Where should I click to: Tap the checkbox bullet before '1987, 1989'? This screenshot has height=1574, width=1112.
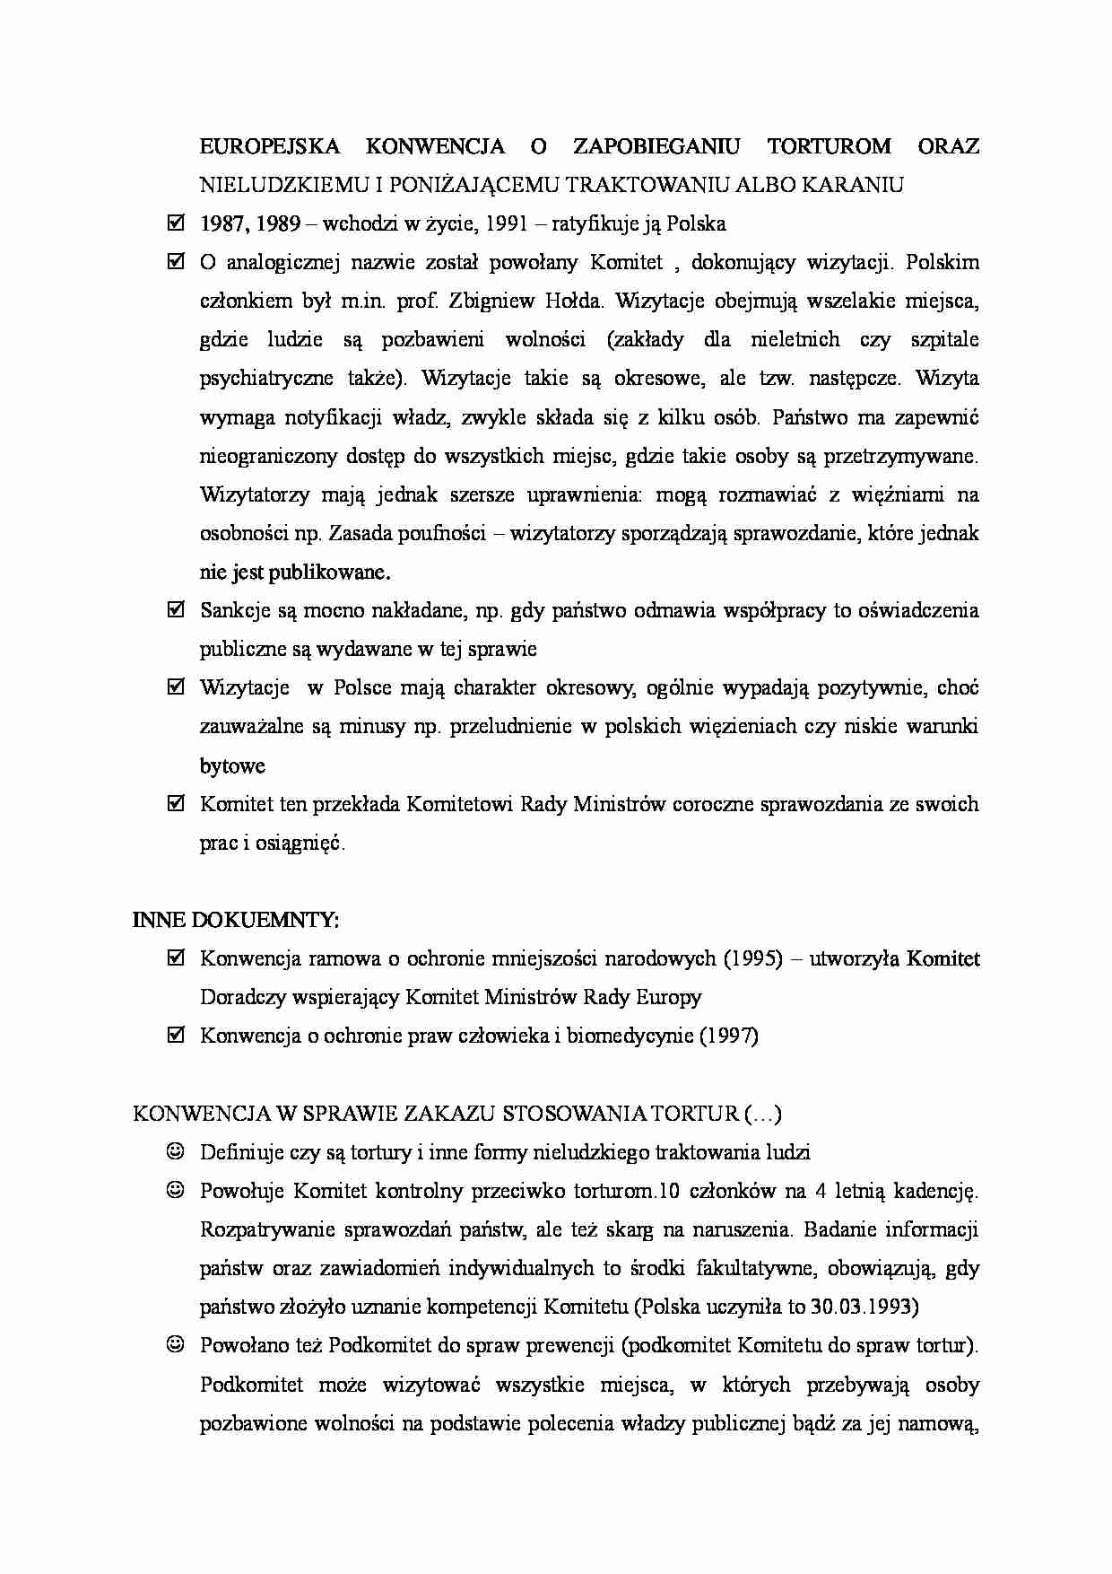tap(176, 223)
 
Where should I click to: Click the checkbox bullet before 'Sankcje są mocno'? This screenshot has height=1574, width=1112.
tap(176, 610)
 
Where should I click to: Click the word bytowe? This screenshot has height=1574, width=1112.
tap(232, 765)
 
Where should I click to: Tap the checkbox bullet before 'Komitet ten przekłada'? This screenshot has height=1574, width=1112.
tap(176, 804)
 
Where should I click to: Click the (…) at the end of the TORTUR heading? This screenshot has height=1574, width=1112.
tap(763, 1114)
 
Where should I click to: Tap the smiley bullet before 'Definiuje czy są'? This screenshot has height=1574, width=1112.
tap(176, 1151)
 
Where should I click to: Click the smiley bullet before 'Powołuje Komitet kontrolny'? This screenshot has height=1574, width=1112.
tap(176, 1190)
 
